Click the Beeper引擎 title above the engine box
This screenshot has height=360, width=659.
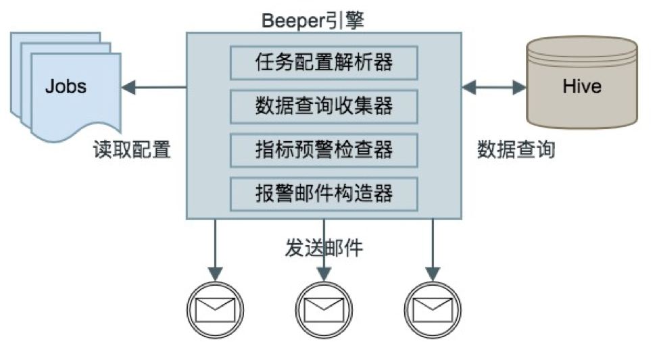[x=313, y=20]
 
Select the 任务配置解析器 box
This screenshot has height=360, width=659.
[x=324, y=63]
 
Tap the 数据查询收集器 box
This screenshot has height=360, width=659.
[x=324, y=106]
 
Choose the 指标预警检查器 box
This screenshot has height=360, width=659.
[x=324, y=149]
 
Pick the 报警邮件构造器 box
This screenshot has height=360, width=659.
[x=324, y=193]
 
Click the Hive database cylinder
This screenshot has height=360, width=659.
[x=581, y=82]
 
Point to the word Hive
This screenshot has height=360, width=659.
[x=581, y=86]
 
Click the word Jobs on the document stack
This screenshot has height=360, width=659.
[x=66, y=86]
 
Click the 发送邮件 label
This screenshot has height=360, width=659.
[x=324, y=248]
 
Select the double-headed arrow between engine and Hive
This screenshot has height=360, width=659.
[x=494, y=86]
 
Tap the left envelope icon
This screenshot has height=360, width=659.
[x=214, y=309]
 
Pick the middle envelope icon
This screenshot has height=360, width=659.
[x=324, y=309]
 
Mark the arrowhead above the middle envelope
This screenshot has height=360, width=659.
[x=324, y=274]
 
